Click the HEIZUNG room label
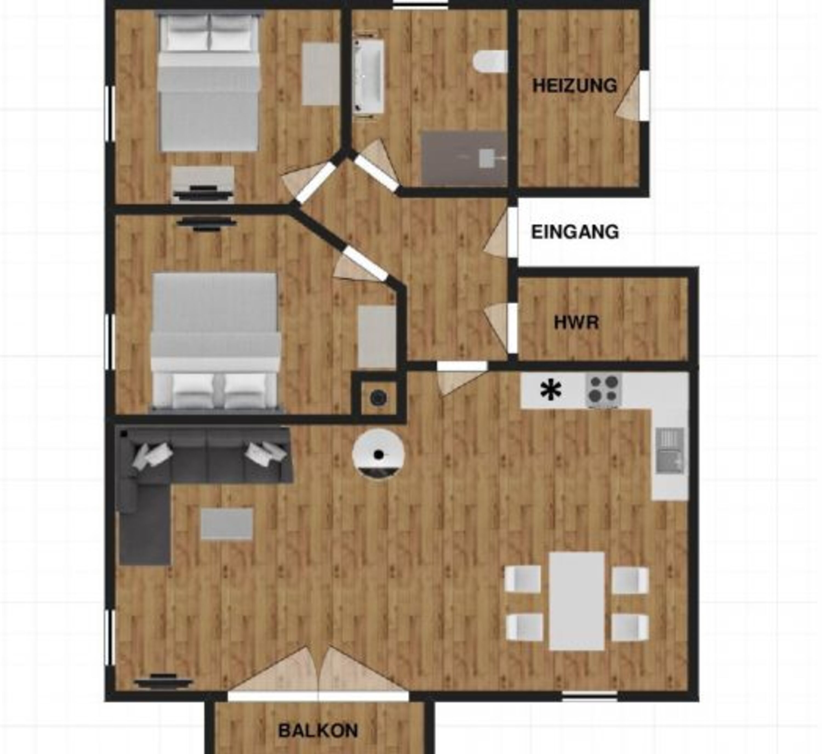(x=575, y=86)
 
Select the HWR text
(x=576, y=322)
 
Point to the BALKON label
(x=318, y=730)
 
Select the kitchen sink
(x=669, y=451)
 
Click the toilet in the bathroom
(x=490, y=62)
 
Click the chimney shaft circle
(x=378, y=398)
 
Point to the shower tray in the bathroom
(x=464, y=158)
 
